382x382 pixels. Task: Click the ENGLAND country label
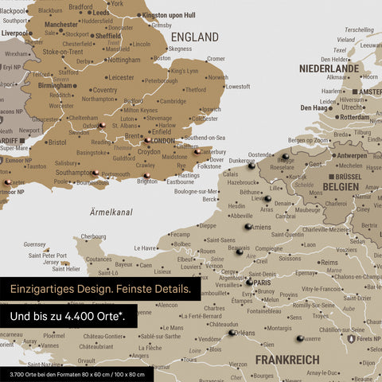pos(195,37)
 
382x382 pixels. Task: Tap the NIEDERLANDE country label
pos(329,69)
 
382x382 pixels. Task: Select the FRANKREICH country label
pos(287,361)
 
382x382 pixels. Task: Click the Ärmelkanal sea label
pos(111,212)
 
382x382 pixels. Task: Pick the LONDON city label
pos(162,141)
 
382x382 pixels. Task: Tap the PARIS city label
pos(263,282)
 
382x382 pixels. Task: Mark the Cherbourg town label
pos(93,236)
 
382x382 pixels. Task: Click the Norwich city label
pos(216,78)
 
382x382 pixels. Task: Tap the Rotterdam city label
pos(353,117)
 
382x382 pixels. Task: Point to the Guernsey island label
pos(35,244)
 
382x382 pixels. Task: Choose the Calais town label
pos(230,173)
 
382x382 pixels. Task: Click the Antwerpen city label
pos(353,156)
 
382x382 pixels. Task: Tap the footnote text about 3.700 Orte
pos(77,374)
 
